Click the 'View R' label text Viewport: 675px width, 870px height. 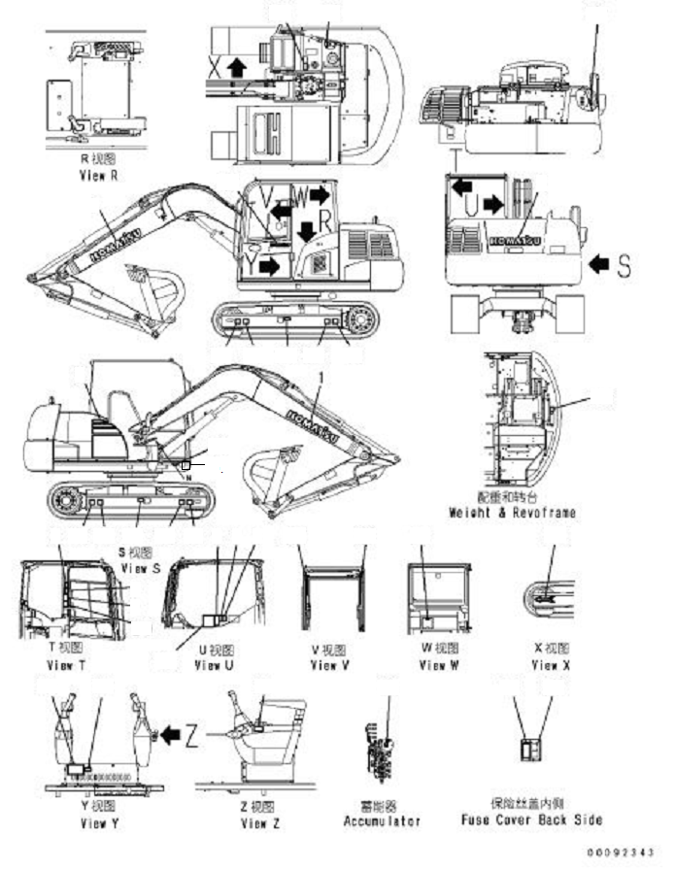(97, 176)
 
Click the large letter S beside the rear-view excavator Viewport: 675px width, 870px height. (624, 263)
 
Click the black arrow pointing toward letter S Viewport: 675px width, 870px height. (598, 262)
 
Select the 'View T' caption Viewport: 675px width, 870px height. (66, 665)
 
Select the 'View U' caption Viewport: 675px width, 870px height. (214, 665)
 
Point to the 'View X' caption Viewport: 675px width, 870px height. (551, 665)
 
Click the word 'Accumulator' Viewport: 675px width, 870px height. (383, 820)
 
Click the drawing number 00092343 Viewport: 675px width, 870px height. (629, 852)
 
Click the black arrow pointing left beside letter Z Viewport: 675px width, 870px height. (170, 738)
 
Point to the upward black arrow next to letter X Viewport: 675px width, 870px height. (234, 67)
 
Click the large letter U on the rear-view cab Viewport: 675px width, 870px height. (470, 205)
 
